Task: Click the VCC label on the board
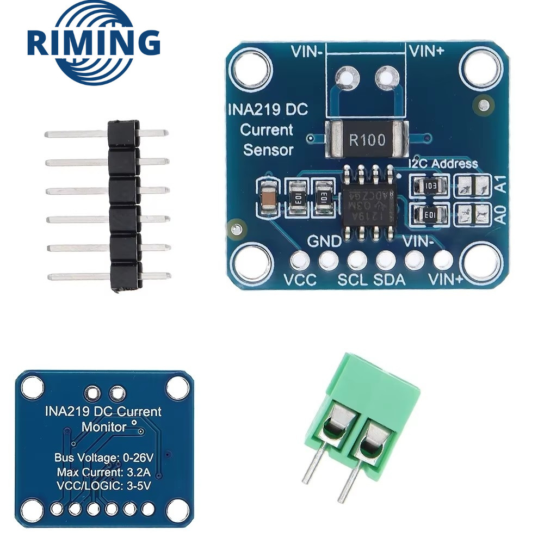click(x=298, y=280)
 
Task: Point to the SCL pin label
click(x=353, y=280)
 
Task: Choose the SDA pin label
click(x=390, y=280)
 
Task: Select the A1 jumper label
click(x=502, y=186)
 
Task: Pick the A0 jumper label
click(x=502, y=215)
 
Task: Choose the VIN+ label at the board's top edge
click(x=427, y=52)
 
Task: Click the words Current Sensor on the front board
click(x=268, y=140)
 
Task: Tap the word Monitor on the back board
click(x=103, y=426)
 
